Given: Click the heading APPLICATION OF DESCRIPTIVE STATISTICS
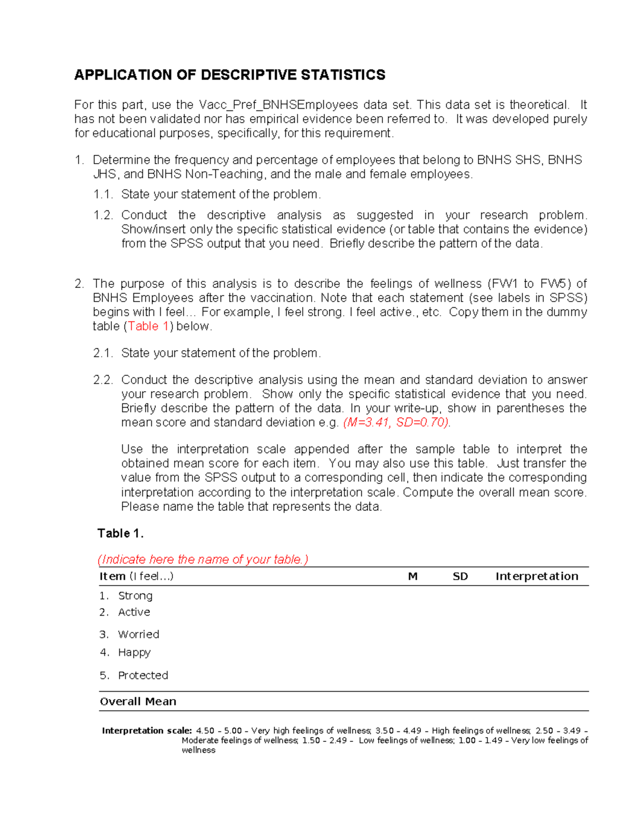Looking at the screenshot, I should [x=229, y=75].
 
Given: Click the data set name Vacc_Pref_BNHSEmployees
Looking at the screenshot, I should [x=278, y=105].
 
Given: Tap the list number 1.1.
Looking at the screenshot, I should [x=103, y=194].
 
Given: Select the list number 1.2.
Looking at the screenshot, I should [x=103, y=215].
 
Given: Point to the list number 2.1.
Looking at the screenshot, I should [x=103, y=353].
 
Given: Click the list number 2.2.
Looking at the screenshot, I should [x=103, y=380].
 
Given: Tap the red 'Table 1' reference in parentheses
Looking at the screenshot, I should [x=148, y=326].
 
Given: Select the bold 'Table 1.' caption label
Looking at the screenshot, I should [x=120, y=533].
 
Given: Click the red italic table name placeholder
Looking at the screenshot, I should [x=203, y=559].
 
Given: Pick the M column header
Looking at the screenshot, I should [x=413, y=577].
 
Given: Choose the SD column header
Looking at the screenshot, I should [x=460, y=577].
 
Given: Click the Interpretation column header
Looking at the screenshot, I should [x=536, y=577].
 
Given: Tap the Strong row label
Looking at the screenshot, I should [x=135, y=596].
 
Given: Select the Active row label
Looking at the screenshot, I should [x=134, y=612].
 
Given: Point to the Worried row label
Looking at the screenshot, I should [x=138, y=634].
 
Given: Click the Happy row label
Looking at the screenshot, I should [x=134, y=653].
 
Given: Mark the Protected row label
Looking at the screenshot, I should [x=143, y=675].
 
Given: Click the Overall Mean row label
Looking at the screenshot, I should [x=138, y=702].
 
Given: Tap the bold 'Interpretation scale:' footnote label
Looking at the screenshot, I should [x=147, y=731].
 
